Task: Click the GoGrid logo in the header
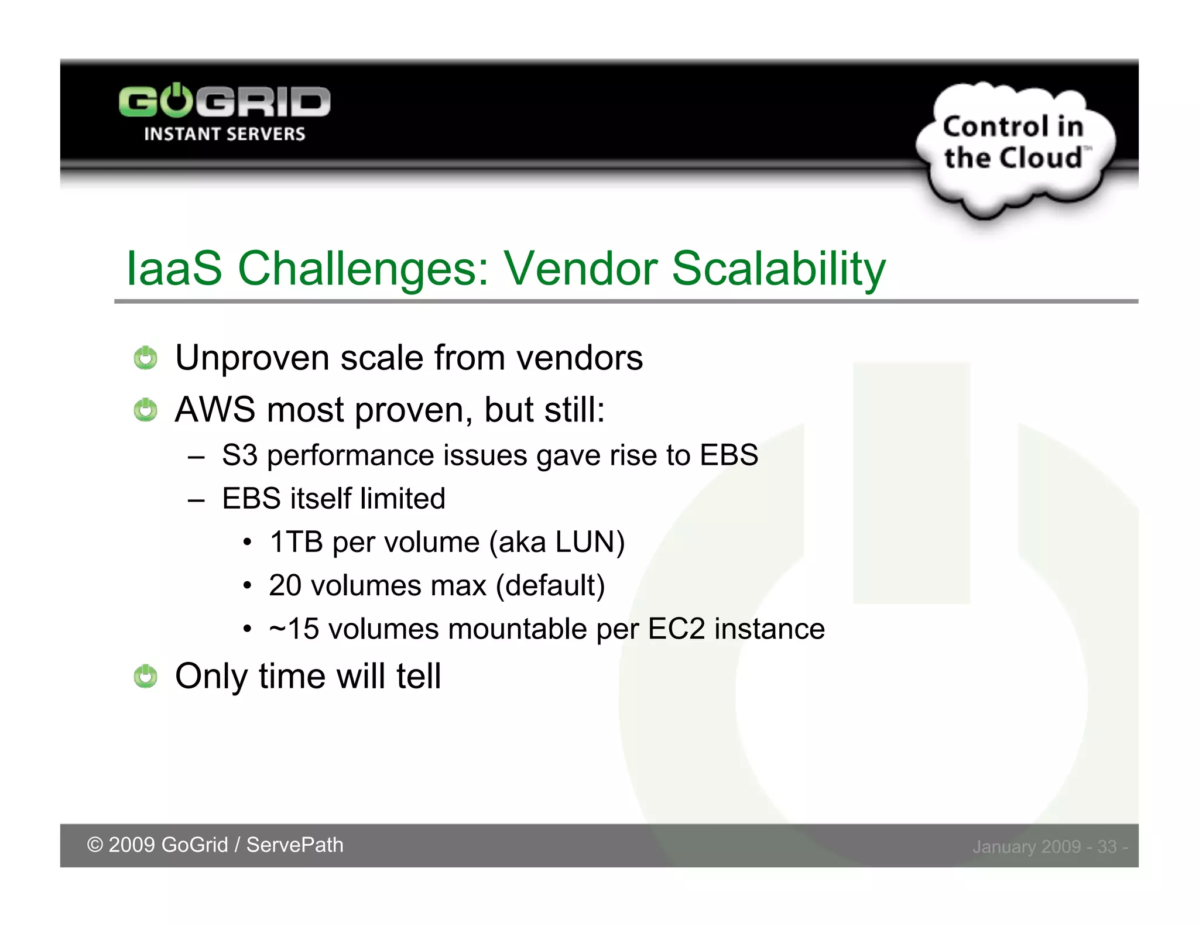click(224, 102)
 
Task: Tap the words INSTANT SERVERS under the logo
click(224, 134)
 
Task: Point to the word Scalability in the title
click(778, 269)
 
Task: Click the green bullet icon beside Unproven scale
click(145, 358)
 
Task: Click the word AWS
click(215, 409)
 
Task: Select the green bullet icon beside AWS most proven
click(145, 410)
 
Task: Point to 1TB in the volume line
click(296, 542)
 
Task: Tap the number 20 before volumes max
click(285, 585)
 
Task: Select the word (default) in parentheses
click(550, 585)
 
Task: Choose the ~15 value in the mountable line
click(294, 629)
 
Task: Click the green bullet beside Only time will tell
click(145, 676)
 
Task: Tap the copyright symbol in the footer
click(95, 845)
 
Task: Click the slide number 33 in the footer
click(1106, 846)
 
